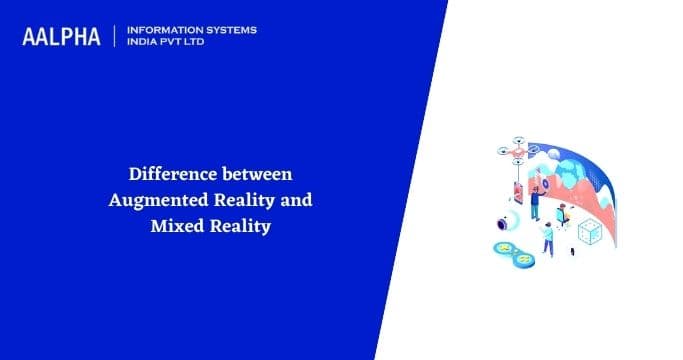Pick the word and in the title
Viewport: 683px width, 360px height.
tap(296, 200)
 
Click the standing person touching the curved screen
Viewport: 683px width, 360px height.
tap(535, 204)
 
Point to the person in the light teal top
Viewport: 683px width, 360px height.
tap(547, 239)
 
